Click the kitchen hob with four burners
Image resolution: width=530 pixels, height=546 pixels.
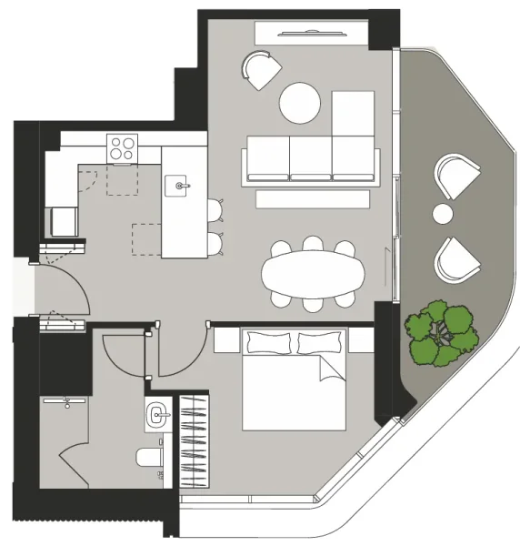(121, 147)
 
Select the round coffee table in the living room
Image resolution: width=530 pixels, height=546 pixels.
(300, 103)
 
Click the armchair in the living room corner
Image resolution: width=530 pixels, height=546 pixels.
(262, 70)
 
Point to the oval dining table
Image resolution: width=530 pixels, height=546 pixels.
(311, 272)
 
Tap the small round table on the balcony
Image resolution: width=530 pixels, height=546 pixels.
(443, 215)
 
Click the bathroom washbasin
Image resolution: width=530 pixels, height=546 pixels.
(158, 416)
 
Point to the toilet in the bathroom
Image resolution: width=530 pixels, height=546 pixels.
(149, 458)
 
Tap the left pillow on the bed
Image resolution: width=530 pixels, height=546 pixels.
(270, 342)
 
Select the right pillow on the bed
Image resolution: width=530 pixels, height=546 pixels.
(322, 342)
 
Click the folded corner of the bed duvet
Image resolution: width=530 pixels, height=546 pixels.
(331, 369)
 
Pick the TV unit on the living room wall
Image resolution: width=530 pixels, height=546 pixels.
(312, 34)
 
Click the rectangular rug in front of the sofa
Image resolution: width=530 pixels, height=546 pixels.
(313, 198)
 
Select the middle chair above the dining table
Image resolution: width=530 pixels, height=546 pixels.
(312, 245)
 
